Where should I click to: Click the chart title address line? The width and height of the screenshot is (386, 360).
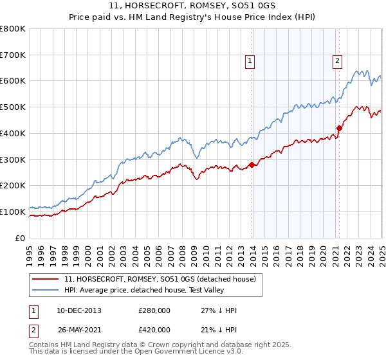coord(192,7)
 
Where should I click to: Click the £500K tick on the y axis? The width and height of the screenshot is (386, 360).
coord(14,107)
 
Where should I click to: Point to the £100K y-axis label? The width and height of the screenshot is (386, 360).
coord(14,212)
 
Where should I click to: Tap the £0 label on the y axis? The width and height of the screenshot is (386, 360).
coord(21,238)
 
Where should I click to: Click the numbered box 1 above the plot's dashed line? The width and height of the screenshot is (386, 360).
coord(250,61)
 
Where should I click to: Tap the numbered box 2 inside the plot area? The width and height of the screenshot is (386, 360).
coord(337,61)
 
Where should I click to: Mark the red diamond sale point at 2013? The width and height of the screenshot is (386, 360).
coord(252,165)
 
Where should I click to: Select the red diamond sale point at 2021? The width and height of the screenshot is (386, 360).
coord(339,128)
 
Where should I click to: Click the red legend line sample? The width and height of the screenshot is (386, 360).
coord(46,279)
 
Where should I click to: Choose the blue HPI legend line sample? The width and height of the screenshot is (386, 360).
coord(46,290)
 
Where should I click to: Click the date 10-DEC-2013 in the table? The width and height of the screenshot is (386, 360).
coord(78,310)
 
